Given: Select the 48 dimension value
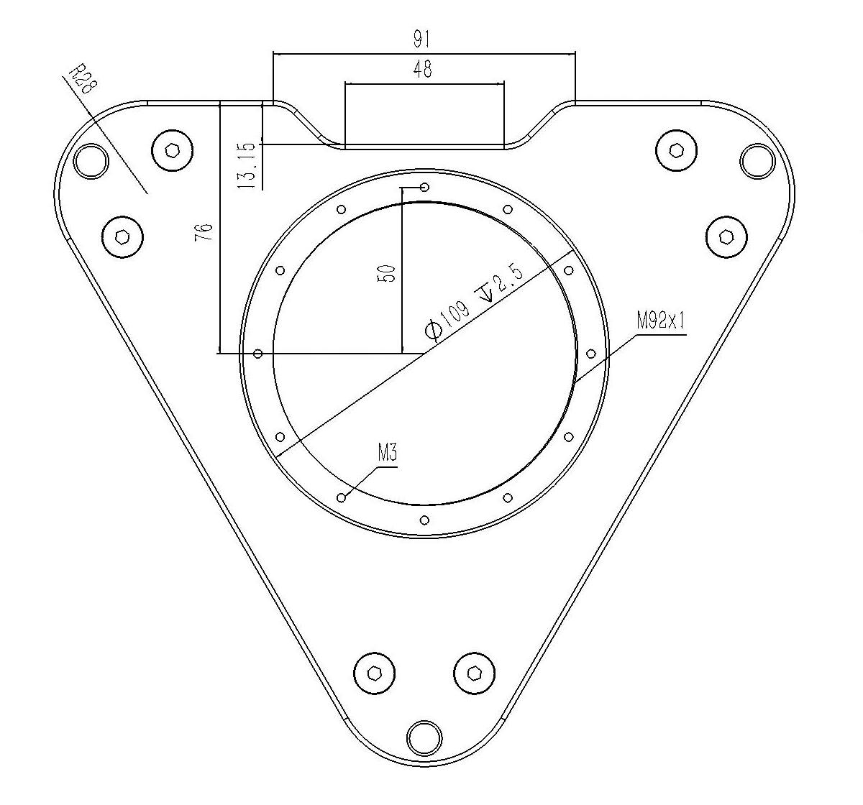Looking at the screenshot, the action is click(x=423, y=69).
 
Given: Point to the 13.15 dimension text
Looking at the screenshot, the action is click(x=247, y=165).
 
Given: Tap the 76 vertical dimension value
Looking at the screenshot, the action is click(x=204, y=232).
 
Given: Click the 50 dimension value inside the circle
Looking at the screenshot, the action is click(x=387, y=273).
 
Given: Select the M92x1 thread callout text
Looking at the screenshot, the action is click(x=661, y=321).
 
